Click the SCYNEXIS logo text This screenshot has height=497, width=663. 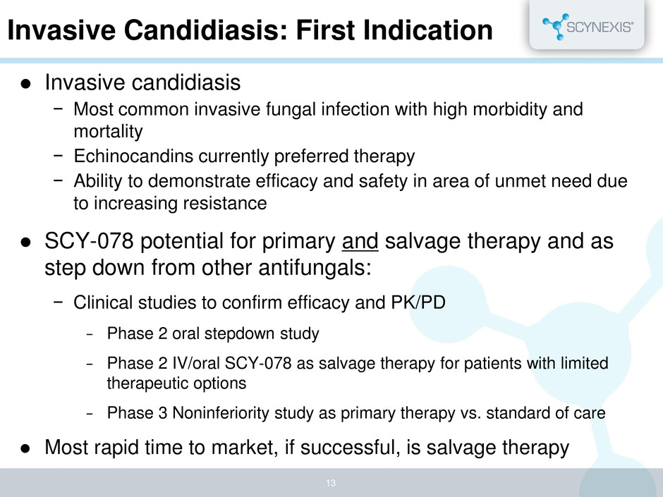click(x=600, y=27)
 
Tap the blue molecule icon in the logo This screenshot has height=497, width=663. click(x=555, y=27)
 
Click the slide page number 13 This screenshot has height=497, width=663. click(x=331, y=483)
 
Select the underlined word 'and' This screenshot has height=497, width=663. click(x=360, y=241)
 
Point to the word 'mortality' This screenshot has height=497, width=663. click(x=108, y=131)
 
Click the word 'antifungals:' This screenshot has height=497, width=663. click(x=315, y=267)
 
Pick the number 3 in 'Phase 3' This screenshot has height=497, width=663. click(x=163, y=413)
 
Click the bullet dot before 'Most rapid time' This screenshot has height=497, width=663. click(x=26, y=448)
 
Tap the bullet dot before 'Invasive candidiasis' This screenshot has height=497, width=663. click(x=26, y=84)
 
